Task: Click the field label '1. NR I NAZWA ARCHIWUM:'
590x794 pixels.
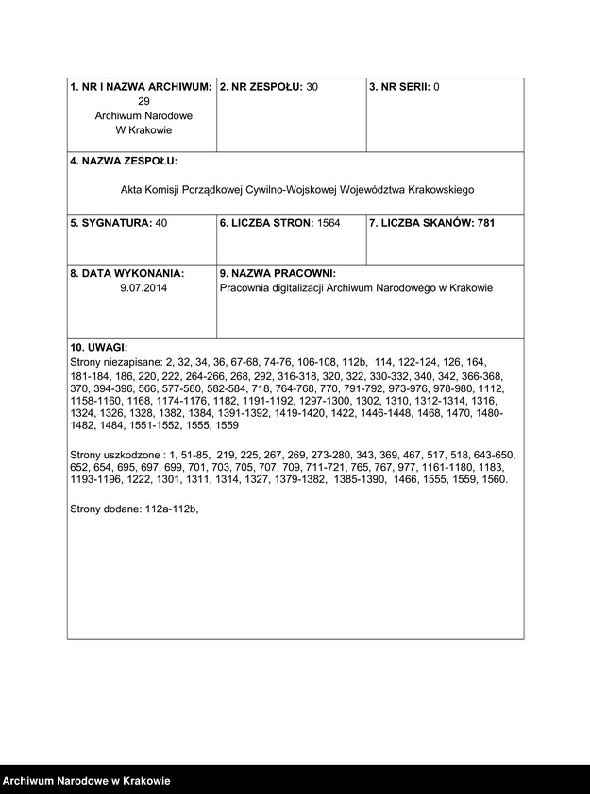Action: (x=141, y=87)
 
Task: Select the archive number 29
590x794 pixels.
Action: (x=143, y=101)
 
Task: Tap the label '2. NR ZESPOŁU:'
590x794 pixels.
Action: (x=261, y=87)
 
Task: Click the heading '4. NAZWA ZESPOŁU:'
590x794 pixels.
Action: (x=124, y=162)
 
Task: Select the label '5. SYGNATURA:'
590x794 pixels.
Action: (x=111, y=223)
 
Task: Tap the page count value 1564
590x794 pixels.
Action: (x=327, y=223)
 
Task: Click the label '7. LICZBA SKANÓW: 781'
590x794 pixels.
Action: (x=431, y=223)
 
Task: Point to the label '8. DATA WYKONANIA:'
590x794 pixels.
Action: (x=127, y=273)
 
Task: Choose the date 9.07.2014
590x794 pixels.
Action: (x=143, y=288)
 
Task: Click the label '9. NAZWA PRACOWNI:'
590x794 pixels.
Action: (x=271, y=273)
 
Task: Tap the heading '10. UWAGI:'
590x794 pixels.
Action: (x=99, y=348)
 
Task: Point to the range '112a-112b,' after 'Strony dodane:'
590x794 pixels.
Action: (x=172, y=509)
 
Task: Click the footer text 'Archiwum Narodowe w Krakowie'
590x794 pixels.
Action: (x=86, y=781)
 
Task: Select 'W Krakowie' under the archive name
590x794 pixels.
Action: (x=143, y=130)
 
